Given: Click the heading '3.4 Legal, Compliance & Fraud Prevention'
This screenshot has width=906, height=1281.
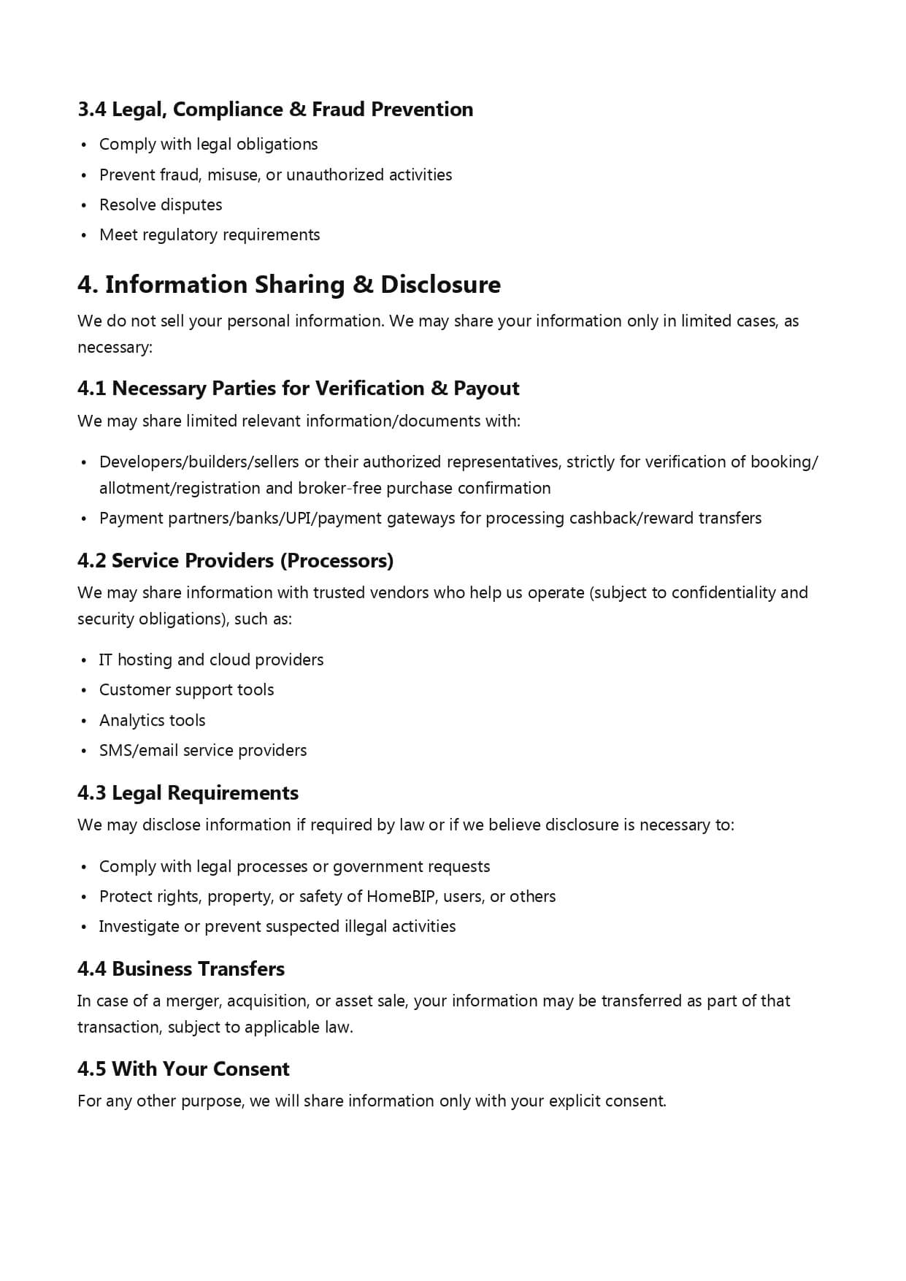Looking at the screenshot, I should coord(275,110).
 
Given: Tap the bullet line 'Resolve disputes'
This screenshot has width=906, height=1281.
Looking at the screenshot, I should coord(161,205).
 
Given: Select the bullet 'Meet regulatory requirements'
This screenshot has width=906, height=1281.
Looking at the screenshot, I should coord(210,235).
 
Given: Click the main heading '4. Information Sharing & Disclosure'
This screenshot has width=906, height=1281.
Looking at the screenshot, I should coord(289,285).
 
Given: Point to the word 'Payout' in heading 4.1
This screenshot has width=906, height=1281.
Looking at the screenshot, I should coord(486,389).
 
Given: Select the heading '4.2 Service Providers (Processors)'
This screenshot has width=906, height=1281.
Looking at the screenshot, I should coord(235,561).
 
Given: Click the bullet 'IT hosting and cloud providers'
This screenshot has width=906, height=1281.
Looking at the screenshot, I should coord(211,660).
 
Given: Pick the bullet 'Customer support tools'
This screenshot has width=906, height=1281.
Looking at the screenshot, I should coord(186,690).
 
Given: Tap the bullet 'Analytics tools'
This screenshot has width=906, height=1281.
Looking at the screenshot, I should coord(152,721).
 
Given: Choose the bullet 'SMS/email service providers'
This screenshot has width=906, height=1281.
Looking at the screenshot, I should coord(203,751).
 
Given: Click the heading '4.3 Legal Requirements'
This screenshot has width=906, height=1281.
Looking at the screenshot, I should coord(188,793).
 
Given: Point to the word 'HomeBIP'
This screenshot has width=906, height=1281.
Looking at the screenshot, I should coord(400,897).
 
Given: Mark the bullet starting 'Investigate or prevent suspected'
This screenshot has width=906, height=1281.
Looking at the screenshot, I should coord(277,927).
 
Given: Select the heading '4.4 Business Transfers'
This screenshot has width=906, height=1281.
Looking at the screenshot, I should coord(181,969).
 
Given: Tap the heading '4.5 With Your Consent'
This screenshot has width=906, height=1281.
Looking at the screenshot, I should coord(183,1069).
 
